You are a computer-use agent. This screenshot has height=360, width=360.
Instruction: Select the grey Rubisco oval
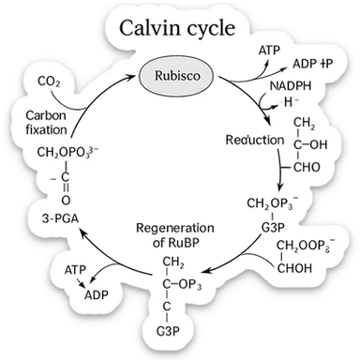[171, 73]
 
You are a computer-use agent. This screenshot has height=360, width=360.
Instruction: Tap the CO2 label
[50, 82]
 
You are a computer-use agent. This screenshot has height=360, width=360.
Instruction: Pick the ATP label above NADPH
[268, 48]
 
